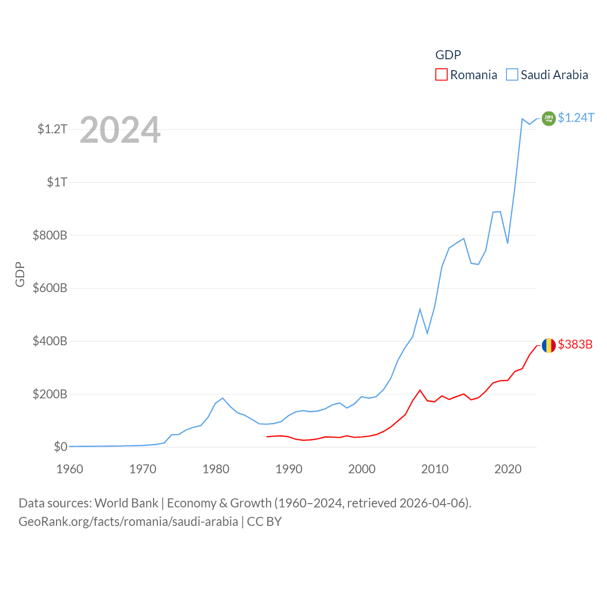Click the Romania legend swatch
441,75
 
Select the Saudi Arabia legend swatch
512,75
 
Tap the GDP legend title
448,55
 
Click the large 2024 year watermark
120,130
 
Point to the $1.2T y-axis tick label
52,129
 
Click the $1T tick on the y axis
57,182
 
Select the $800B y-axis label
50,235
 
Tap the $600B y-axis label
50,288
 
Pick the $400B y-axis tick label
50,341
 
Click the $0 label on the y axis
60,447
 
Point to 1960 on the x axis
70,469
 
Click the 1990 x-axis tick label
289,469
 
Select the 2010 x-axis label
435,469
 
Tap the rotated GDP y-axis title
20,274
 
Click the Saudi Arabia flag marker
549,118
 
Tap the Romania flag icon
549,345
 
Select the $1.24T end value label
576,118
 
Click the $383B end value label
575,344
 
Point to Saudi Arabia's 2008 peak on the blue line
420,309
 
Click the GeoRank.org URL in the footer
128,522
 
